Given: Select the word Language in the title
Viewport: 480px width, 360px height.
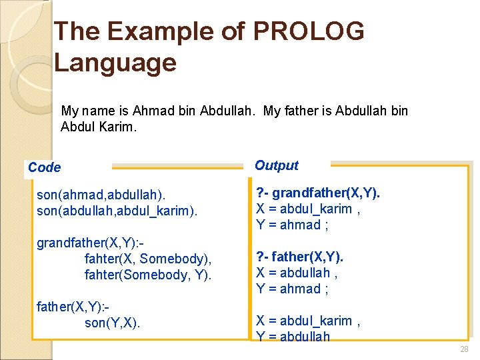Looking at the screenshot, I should (x=115, y=63).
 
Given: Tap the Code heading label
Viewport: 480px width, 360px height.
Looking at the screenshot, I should (x=44, y=167).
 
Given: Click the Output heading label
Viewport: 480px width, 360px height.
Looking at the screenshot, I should (x=277, y=165).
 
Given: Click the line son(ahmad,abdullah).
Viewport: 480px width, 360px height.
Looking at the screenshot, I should (x=101, y=195).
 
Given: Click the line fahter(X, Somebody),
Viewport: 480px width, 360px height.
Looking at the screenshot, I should (x=148, y=259).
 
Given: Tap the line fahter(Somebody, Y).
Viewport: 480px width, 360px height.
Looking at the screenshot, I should (x=148, y=275).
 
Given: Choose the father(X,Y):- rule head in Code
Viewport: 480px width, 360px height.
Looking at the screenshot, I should (x=72, y=307).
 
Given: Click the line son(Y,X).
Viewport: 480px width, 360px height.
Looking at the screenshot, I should (x=113, y=323).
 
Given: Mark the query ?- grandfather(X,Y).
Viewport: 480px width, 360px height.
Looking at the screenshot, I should (x=318, y=193).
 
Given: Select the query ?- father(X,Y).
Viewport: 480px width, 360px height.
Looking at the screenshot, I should (x=299, y=257).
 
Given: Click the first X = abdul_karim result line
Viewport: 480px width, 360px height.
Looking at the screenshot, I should (x=309, y=209).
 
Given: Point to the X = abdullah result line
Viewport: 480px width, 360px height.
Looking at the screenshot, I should (x=297, y=273).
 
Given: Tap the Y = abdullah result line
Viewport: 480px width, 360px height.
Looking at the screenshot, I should (x=293, y=337).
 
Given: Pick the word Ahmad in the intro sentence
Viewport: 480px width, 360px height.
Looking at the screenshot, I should (x=154, y=110).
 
